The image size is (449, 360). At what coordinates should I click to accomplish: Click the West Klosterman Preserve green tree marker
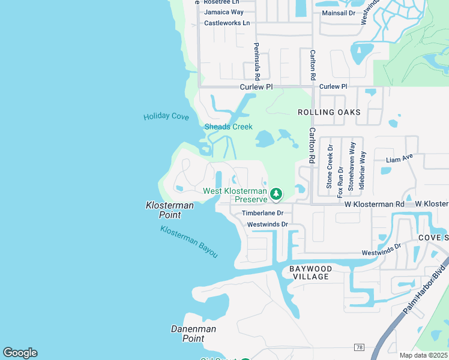(x=276, y=193)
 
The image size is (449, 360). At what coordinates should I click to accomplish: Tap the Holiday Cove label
(x=166, y=116)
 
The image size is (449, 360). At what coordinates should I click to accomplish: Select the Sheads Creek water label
(x=228, y=127)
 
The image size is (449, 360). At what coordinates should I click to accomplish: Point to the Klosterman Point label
(x=170, y=210)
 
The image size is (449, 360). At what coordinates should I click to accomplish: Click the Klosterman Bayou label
(x=189, y=241)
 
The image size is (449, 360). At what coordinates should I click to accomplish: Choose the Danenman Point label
(x=193, y=334)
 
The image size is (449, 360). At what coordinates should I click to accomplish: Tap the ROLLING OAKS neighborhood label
(x=330, y=112)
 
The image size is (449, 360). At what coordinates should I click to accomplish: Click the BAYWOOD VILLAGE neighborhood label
(x=310, y=272)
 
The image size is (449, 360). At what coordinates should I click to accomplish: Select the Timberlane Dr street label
(x=262, y=213)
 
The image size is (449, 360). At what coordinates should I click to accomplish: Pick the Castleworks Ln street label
(x=227, y=23)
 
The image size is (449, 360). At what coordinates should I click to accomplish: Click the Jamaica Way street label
(x=224, y=12)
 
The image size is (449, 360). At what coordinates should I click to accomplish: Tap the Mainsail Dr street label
(x=339, y=12)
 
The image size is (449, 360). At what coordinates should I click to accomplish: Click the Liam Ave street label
(x=399, y=159)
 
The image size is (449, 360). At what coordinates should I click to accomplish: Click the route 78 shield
(x=359, y=347)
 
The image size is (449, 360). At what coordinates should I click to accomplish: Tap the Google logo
(x=20, y=353)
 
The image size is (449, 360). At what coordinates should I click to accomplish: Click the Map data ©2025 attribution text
(x=423, y=355)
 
